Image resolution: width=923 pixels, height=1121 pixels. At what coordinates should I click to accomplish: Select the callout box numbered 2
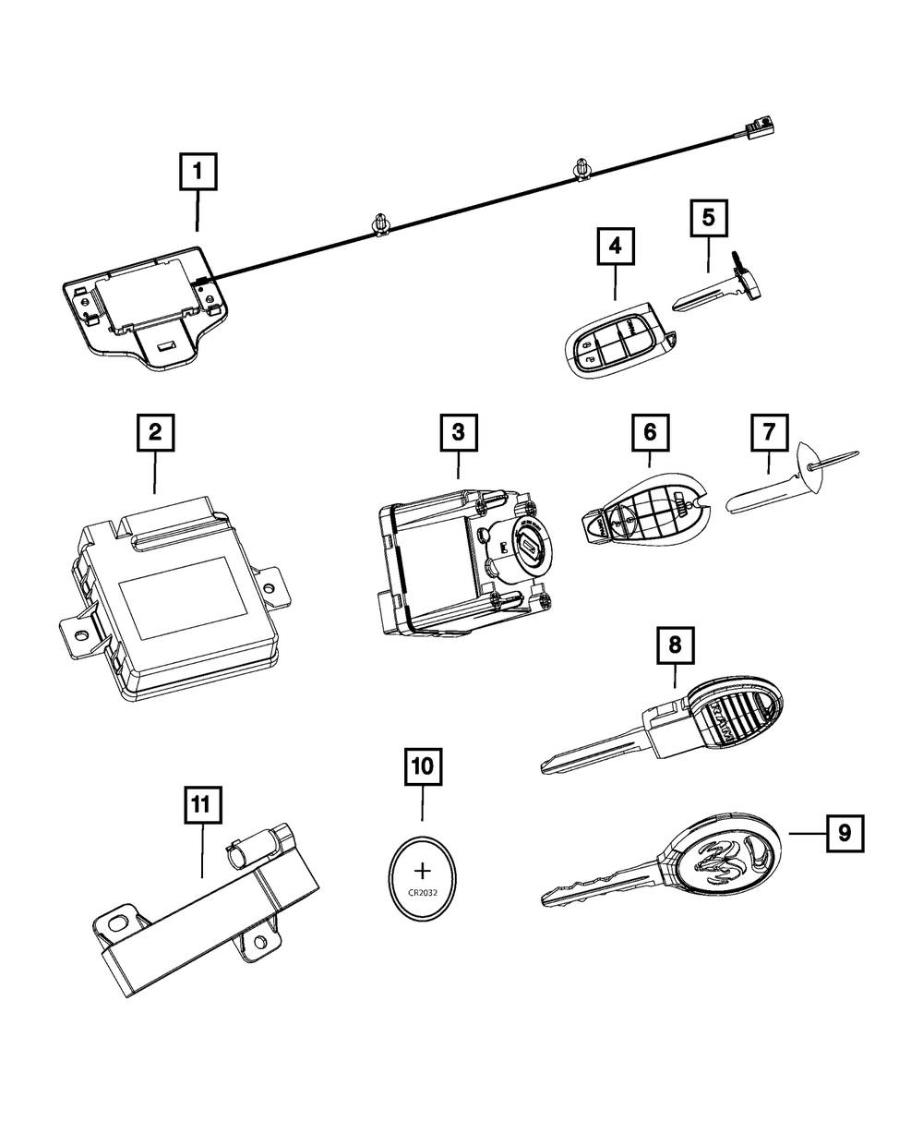[155, 432]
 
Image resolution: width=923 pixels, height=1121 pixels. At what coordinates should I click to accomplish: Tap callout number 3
[459, 432]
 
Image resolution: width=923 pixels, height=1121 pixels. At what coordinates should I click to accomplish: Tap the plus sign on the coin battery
[423, 871]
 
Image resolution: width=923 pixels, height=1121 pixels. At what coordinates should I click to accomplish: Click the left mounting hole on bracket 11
[118, 922]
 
